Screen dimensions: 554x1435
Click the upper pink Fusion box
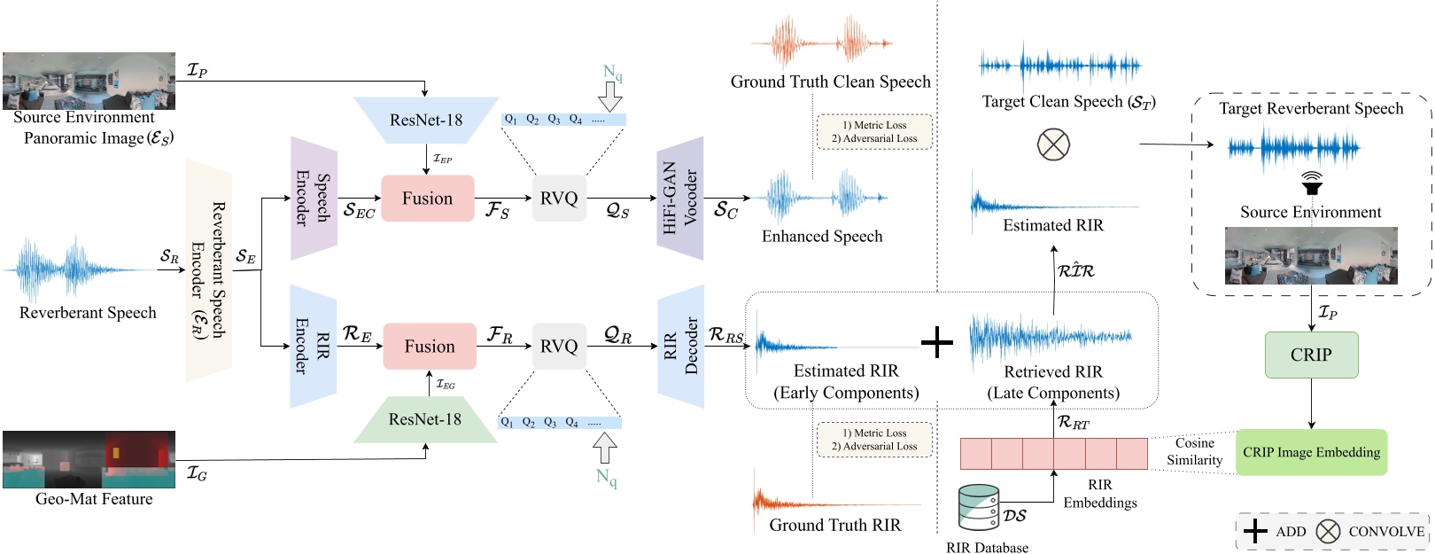click(x=427, y=199)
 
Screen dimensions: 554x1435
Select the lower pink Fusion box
click(x=429, y=347)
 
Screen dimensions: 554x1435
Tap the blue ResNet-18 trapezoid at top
click(x=426, y=120)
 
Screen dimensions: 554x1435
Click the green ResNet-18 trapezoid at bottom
click(x=425, y=419)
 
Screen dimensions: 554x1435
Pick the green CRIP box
click(x=1311, y=355)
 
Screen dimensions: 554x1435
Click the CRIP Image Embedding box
click(x=1311, y=452)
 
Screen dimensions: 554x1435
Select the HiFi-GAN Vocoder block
click(x=680, y=199)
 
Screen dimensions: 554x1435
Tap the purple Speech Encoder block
click(x=313, y=199)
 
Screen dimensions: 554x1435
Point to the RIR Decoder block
click(x=680, y=346)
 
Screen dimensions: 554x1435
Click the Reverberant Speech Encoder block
click(x=209, y=270)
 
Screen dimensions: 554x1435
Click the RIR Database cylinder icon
click(x=979, y=508)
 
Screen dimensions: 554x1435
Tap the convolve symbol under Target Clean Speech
click(x=1053, y=144)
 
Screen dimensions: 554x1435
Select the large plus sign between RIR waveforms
click(x=936, y=341)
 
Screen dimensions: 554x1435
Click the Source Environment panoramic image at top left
click(x=89, y=81)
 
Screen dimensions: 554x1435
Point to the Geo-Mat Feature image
click(x=89, y=459)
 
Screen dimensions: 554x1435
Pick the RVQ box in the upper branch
click(x=559, y=199)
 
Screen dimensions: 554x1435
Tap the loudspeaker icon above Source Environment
click(x=1311, y=183)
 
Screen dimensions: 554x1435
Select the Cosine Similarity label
click(x=1194, y=451)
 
